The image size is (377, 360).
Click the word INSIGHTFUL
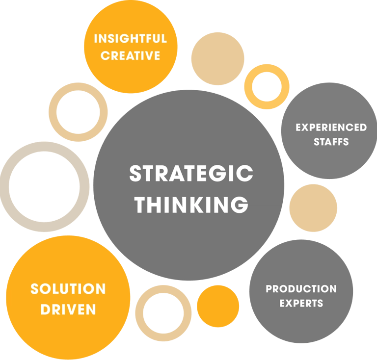point(130,39)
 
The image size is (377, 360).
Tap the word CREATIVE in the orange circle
point(130,55)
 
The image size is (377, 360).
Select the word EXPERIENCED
point(331,128)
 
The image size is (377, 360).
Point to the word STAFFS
point(331,142)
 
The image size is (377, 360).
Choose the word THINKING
point(191,204)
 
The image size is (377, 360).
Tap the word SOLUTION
point(68,289)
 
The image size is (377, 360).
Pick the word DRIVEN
point(68,309)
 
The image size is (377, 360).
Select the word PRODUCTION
point(301,288)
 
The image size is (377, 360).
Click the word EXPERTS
point(301,303)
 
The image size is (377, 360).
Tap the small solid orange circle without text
point(218,306)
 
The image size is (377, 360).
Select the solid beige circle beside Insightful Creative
point(217,58)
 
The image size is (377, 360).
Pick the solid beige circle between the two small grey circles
point(313,208)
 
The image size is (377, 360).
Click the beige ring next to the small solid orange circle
point(140,314)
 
